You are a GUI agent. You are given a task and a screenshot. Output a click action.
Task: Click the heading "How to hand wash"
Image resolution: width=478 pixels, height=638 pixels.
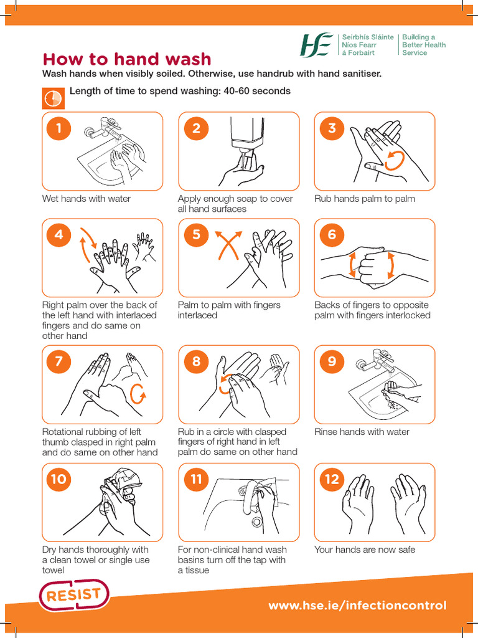click(126, 59)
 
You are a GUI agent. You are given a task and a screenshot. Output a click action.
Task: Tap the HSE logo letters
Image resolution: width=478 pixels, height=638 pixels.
click(318, 45)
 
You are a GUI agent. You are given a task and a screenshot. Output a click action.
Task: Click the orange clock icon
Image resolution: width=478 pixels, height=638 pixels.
click(52, 97)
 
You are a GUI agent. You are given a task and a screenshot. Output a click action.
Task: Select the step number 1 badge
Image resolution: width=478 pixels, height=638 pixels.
click(59, 128)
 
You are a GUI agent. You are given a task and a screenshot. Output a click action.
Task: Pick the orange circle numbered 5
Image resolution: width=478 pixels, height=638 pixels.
click(197, 235)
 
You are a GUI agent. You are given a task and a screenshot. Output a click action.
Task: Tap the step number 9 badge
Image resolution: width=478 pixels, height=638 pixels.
click(332, 361)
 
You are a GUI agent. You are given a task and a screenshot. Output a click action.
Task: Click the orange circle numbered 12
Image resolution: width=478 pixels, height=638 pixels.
click(332, 479)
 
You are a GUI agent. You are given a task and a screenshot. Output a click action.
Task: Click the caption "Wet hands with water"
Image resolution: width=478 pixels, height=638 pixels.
click(87, 199)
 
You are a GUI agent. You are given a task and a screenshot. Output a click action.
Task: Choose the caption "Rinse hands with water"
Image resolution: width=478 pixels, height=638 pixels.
click(362, 432)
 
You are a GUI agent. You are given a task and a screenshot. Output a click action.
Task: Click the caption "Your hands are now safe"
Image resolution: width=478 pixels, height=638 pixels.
click(365, 550)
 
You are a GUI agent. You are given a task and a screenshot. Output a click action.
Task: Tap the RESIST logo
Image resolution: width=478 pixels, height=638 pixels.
click(74, 596)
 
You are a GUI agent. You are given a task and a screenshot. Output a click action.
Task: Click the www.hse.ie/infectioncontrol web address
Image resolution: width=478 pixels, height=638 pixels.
click(357, 605)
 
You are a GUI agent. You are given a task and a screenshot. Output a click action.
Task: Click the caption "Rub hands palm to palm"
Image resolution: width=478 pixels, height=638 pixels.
click(365, 199)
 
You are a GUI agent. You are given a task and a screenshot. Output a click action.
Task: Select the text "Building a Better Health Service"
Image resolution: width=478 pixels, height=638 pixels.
click(423, 45)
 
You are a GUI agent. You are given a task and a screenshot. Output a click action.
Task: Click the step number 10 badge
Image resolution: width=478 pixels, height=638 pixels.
click(59, 479)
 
